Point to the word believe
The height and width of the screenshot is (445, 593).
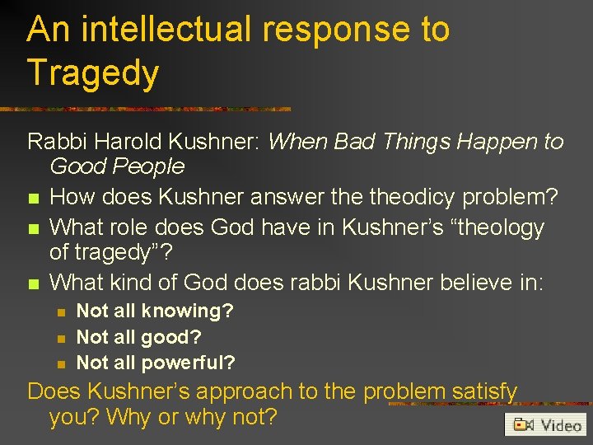pos(461,283)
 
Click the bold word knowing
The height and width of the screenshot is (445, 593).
pos(187,311)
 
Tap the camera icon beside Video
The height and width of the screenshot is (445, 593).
pos(523,425)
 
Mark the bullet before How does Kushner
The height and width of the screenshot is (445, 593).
pos(33,199)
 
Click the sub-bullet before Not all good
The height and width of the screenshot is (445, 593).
pos(60,337)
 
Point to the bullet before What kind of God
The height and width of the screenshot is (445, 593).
pos(33,283)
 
